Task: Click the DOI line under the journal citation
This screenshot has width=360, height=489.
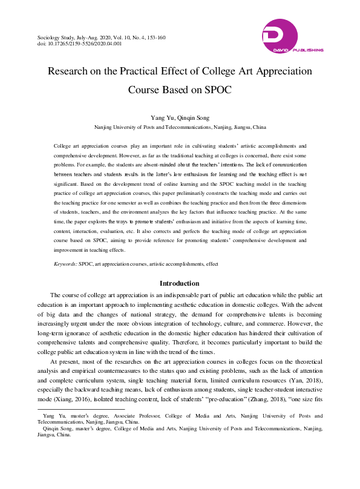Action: [x=79, y=44]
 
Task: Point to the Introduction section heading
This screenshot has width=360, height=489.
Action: [x=179, y=283]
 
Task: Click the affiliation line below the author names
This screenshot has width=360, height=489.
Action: [x=180, y=128]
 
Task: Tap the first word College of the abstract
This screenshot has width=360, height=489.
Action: [x=64, y=146]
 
